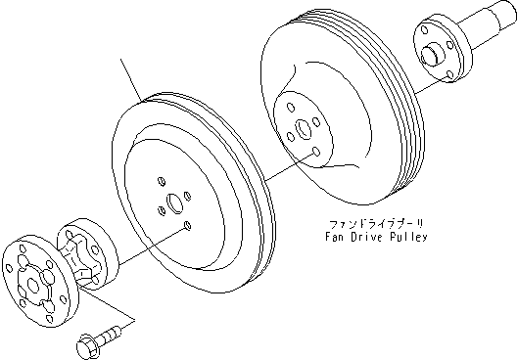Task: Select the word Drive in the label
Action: (366, 237)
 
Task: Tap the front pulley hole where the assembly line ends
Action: (185, 226)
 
